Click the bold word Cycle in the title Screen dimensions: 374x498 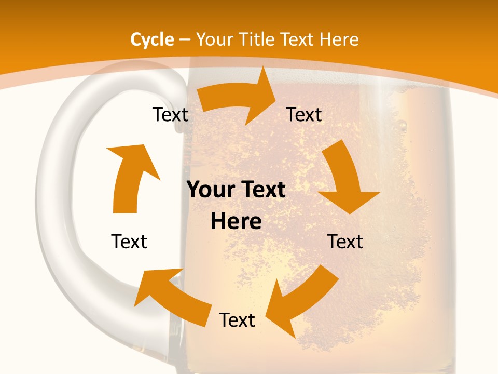[x=152, y=39]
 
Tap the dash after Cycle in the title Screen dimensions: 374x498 [x=185, y=40]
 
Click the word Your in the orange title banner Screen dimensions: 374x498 [x=214, y=39]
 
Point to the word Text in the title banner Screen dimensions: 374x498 [x=299, y=39]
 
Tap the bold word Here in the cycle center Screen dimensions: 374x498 [x=236, y=222]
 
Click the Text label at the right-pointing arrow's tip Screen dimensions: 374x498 [x=304, y=115]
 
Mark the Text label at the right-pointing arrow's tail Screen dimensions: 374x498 [x=170, y=115]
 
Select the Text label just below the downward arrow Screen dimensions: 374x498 [x=345, y=242]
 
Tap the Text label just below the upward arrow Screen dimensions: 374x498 [x=129, y=242]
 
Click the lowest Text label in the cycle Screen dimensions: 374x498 [x=237, y=320]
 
